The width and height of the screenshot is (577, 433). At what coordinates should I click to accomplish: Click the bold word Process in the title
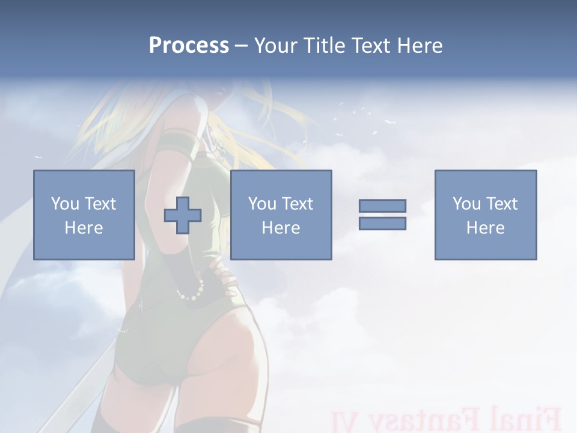coord(189,46)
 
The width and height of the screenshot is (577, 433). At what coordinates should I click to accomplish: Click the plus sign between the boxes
coord(183,215)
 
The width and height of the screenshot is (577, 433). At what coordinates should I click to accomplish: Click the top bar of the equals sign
coord(382,206)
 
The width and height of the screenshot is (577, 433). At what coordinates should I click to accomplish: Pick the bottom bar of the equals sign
coord(382,223)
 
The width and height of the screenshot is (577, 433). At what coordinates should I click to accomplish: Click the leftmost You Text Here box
coord(84,215)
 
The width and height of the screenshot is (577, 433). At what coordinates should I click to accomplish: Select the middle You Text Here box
coord(281,215)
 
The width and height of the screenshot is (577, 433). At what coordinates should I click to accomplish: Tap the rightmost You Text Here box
coord(485,215)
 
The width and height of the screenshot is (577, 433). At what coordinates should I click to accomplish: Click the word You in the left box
coord(64,204)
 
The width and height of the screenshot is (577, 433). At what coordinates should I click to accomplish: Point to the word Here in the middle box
coord(281,228)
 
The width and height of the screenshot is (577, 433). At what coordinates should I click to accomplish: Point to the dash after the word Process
coord(241,46)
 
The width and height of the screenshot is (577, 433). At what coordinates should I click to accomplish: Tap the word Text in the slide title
coord(371,46)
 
